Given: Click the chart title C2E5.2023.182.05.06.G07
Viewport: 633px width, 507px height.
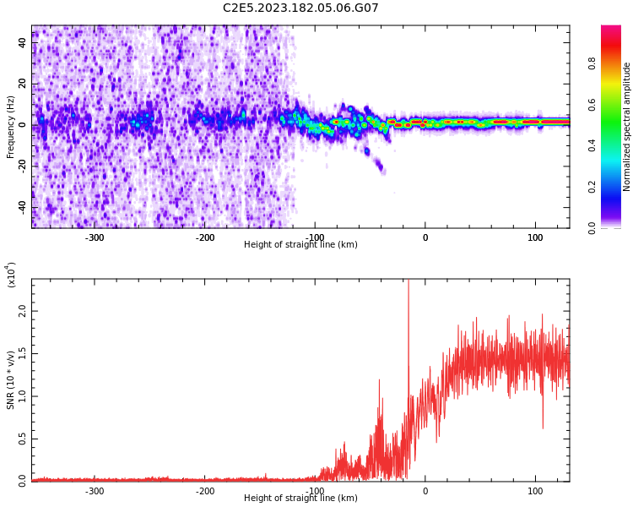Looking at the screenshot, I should tap(300, 8).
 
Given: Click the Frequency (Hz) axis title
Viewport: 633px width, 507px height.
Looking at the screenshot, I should tap(11, 126).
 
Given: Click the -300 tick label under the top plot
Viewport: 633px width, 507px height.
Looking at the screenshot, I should tap(95, 237).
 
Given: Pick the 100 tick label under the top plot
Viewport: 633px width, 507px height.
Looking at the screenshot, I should tap(535, 237).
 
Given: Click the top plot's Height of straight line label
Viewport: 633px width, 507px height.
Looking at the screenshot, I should tap(300, 245).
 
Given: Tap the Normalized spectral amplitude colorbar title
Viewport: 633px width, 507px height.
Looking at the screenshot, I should tap(627, 127).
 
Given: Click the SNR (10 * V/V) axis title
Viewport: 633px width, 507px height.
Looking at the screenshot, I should tap(11, 380).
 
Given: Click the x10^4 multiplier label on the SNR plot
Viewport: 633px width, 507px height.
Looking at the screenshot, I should tap(12, 275).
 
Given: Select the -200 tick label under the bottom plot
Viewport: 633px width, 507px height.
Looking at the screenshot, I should tap(205, 491).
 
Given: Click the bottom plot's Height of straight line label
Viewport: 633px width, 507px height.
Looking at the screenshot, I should tap(300, 499).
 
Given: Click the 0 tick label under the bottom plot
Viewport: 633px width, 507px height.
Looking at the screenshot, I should tap(425, 491).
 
